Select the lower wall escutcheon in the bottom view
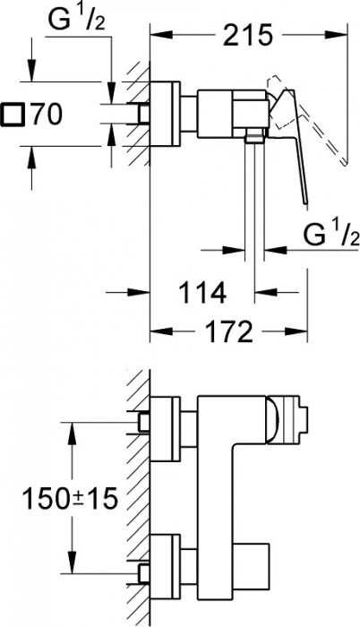(167, 563)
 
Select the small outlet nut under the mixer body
(254, 135)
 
